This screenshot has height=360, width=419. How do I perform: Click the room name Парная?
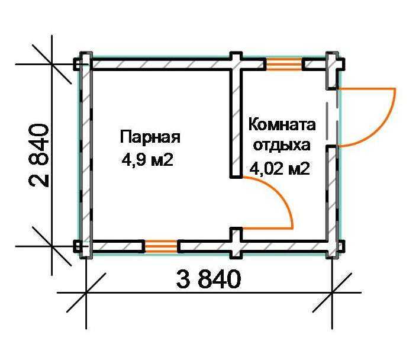pyautogui.click(x=150, y=137)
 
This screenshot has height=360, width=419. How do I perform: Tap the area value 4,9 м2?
pyautogui.click(x=147, y=160)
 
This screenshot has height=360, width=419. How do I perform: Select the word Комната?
pyautogui.click(x=282, y=125)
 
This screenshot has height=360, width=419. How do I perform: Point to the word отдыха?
pyautogui.click(x=282, y=146)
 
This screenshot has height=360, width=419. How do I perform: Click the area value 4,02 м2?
pyautogui.click(x=280, y=168)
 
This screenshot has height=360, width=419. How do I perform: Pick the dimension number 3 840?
pyautogui.click(x=208, y=279)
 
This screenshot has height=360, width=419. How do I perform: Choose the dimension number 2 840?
pyautogui.click(x=38, y=155)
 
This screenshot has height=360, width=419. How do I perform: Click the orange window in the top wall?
pyautogui.click(x=284, y=64)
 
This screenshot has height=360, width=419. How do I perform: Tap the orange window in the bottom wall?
pyautogui.click(x=160, y=246)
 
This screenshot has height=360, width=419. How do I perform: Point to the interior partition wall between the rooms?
pyautogui.click(x=236, y=123)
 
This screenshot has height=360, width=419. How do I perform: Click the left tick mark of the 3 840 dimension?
pyautogui.click(x=86, y=292)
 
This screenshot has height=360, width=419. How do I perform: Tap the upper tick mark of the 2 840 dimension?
pyautogui.click(x=52, y=64)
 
